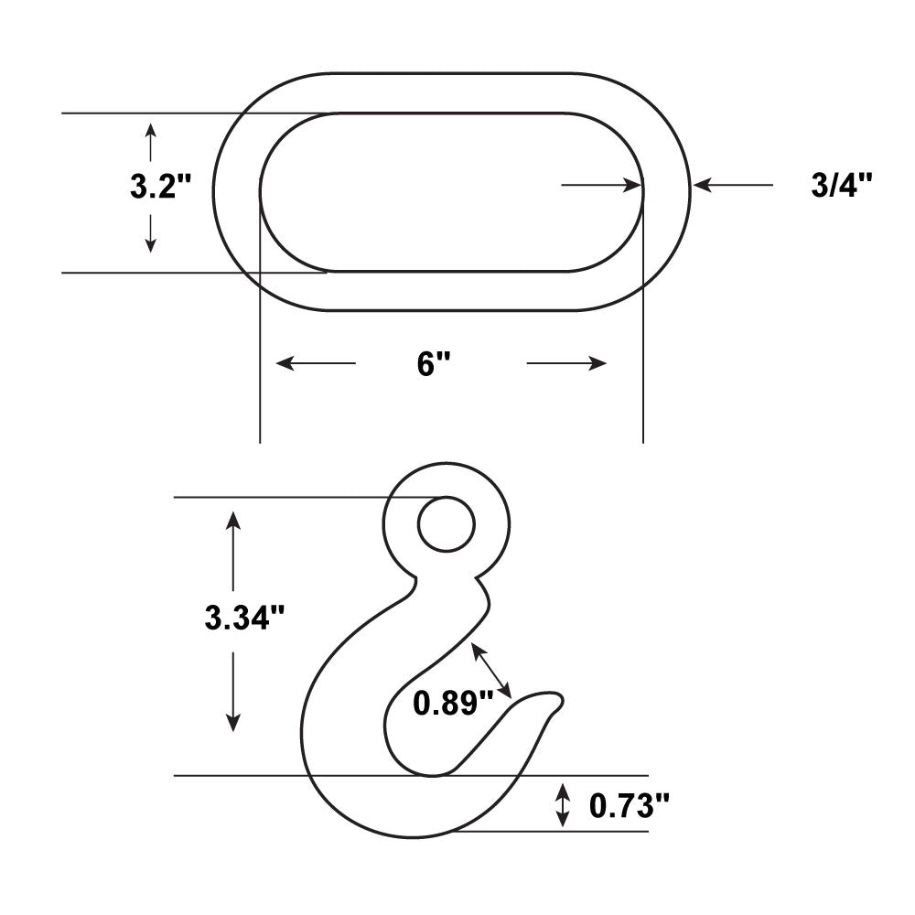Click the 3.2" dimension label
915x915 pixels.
[160, 188]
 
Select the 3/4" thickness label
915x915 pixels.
[841, 185]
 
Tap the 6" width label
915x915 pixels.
[434, 365]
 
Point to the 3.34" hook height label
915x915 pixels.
[244, 618]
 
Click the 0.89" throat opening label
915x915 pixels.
[454, 703]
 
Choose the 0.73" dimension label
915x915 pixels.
[630, 806]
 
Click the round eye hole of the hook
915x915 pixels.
[447, 524]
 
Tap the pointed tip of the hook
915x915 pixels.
[562, 698]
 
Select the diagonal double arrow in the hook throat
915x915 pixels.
[492, 670]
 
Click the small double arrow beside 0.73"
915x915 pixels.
[562, 805]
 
